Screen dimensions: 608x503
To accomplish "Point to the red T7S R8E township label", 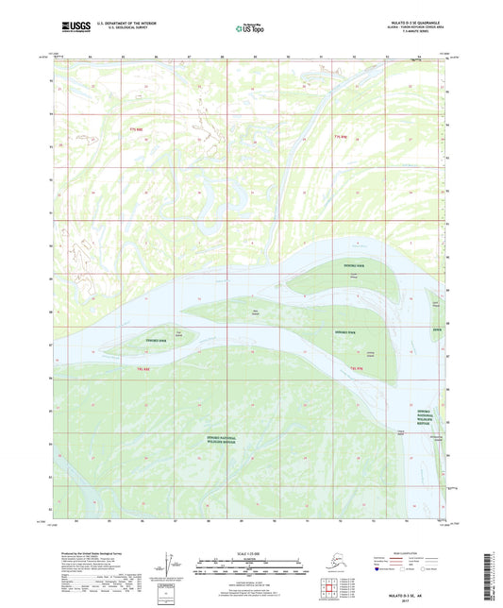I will coord(140,128).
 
